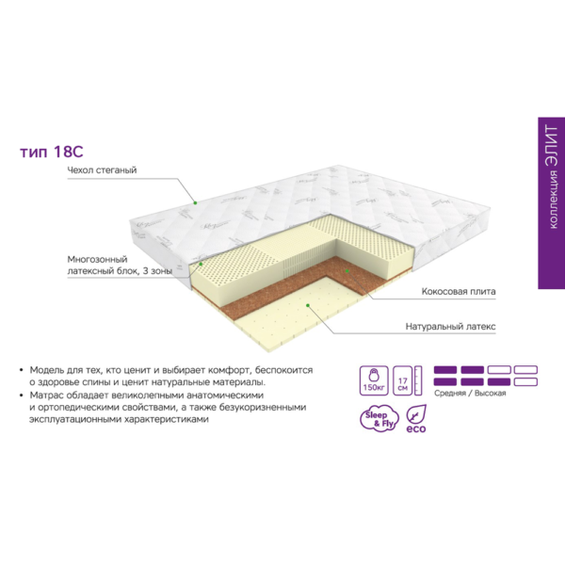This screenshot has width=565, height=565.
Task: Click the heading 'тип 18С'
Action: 52,152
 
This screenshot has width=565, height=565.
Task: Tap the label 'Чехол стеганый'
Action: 102,169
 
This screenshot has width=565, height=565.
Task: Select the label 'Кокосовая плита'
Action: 459,291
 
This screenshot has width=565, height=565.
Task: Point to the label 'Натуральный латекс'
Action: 450,327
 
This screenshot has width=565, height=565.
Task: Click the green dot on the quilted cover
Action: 195,202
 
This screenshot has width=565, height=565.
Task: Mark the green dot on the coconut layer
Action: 347,270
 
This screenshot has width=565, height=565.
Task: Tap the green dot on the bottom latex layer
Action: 308,305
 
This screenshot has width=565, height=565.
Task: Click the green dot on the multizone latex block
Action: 202,264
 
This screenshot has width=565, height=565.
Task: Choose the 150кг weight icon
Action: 374,380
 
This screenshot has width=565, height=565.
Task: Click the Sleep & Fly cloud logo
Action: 379,419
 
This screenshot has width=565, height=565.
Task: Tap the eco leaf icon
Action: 416,419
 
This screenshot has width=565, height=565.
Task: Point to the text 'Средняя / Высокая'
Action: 470,393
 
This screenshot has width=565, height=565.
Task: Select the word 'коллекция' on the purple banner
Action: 553,200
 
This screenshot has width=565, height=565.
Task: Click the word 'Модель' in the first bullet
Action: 46,370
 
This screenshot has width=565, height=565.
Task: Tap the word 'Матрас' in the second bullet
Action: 46,395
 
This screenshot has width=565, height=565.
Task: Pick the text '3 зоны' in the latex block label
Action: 157,270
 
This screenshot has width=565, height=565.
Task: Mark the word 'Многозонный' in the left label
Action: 97,259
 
